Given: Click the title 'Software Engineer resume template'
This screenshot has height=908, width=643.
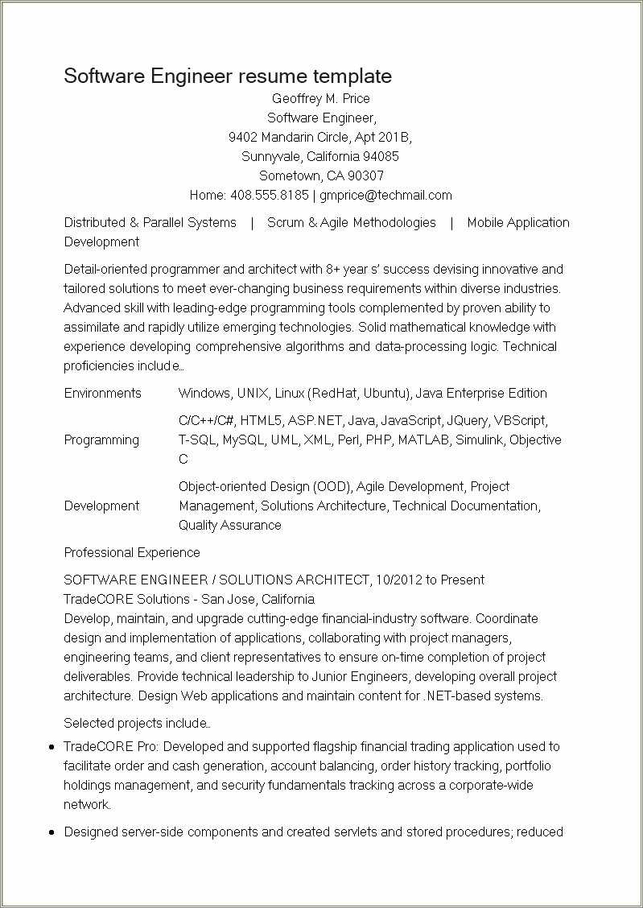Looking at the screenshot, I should [x=228, y=76].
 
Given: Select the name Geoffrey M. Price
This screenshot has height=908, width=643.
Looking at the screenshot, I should [x=320, y=99].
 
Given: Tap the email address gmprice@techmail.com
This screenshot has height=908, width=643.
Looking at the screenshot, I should [x=385, y=196].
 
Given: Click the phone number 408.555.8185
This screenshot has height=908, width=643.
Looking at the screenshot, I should [x=269, y=196].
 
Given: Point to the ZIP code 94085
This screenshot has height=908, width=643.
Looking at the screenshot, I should [x=381, y=157].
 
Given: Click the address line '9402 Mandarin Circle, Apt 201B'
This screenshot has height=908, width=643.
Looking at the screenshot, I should [x=320, y=138].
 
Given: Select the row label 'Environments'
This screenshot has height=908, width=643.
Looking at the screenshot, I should [x=102, y=394].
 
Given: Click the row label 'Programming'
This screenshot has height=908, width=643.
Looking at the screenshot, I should [x=101, y=440].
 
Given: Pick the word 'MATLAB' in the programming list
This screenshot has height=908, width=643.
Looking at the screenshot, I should [x=423, y=440].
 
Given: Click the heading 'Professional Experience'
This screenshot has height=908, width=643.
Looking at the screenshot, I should [x=132, y=553].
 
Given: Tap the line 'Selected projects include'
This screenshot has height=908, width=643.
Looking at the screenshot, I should [x=137, y=724].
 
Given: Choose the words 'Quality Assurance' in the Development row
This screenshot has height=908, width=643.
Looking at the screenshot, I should [x=230, y=526].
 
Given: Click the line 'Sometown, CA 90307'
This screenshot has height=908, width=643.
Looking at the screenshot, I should [x=321, y=176].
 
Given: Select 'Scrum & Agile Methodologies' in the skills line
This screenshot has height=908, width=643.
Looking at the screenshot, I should [x=352, y=223].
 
